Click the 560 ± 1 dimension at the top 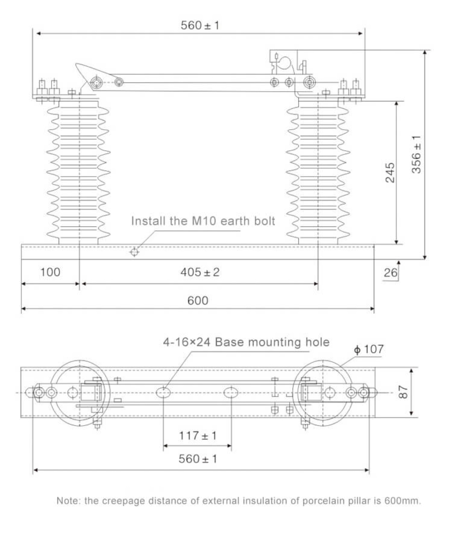coord(200,25)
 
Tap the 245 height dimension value coord(390,172)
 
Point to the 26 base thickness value coord(390,273)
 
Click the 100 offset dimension coord(50,272)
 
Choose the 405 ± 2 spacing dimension coord(200,272)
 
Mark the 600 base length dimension coord(198,300)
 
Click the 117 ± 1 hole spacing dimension coord(198,436)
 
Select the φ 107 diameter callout coord(368,349)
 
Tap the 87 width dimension coord(403,392)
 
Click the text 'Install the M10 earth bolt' coord(203,221)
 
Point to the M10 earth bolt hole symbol coord(134,252)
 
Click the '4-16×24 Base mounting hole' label coord(246,342)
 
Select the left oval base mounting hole coord(163,393)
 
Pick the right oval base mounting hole coord(231,393)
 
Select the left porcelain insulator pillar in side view coord(79,172)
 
